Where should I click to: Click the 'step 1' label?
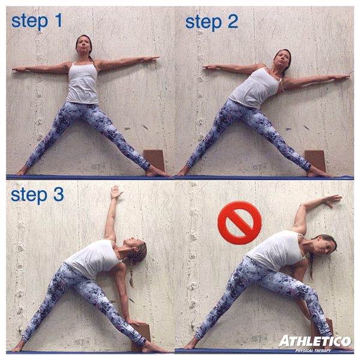click(37, 22)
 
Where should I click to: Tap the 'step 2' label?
click(211, 22)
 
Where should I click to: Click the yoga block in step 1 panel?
click(154, 160)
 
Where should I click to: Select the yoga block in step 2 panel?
click(316, 160)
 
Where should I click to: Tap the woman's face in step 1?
click(84, 46)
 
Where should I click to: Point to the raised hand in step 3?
click(115, 193)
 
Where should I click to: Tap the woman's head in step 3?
click(135, 251)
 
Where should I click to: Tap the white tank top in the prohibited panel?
click(273, 251)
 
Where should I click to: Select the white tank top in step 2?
click(252, 89)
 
